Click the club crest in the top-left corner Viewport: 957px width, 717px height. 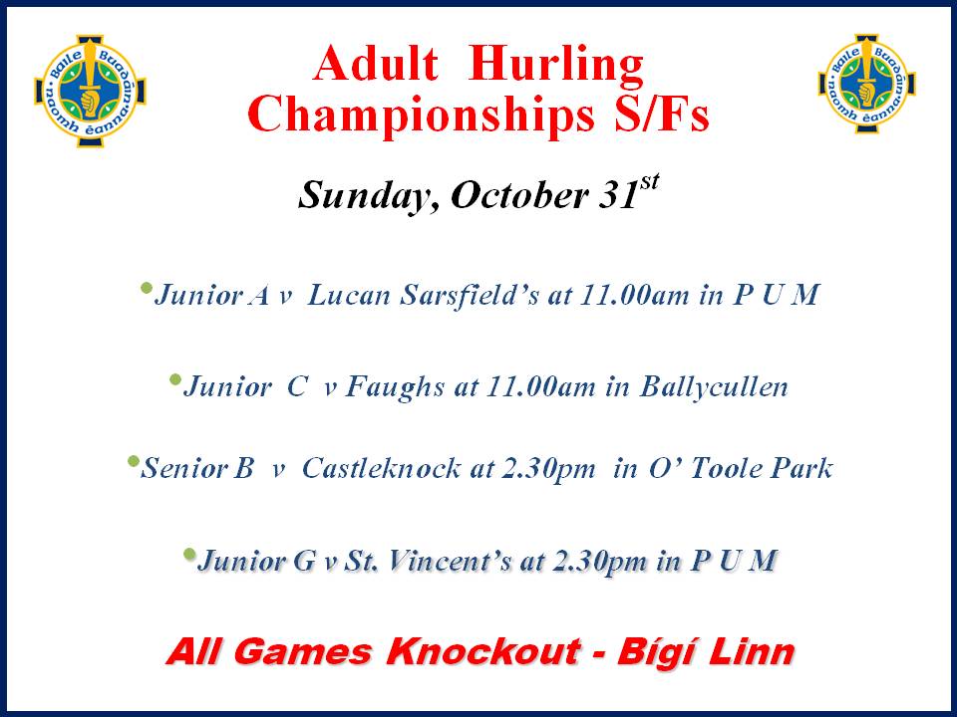[x=91, y=91]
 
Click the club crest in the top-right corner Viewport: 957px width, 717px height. [x=866, y=84]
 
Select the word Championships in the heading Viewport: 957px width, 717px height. [x=421, y=116]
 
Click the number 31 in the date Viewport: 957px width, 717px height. [x=618, y=195]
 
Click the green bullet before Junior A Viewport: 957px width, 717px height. [x=146, y=287]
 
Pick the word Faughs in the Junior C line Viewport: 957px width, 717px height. [x=395, y=387]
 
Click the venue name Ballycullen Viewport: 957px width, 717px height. [x=714, y=387]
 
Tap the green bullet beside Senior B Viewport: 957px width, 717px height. [x=133, y=461]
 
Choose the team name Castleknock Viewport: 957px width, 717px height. [x=382, y=468]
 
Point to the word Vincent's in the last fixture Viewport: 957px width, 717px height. [x=450, y=561]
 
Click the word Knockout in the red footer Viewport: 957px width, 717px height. [x=482, y=651]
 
